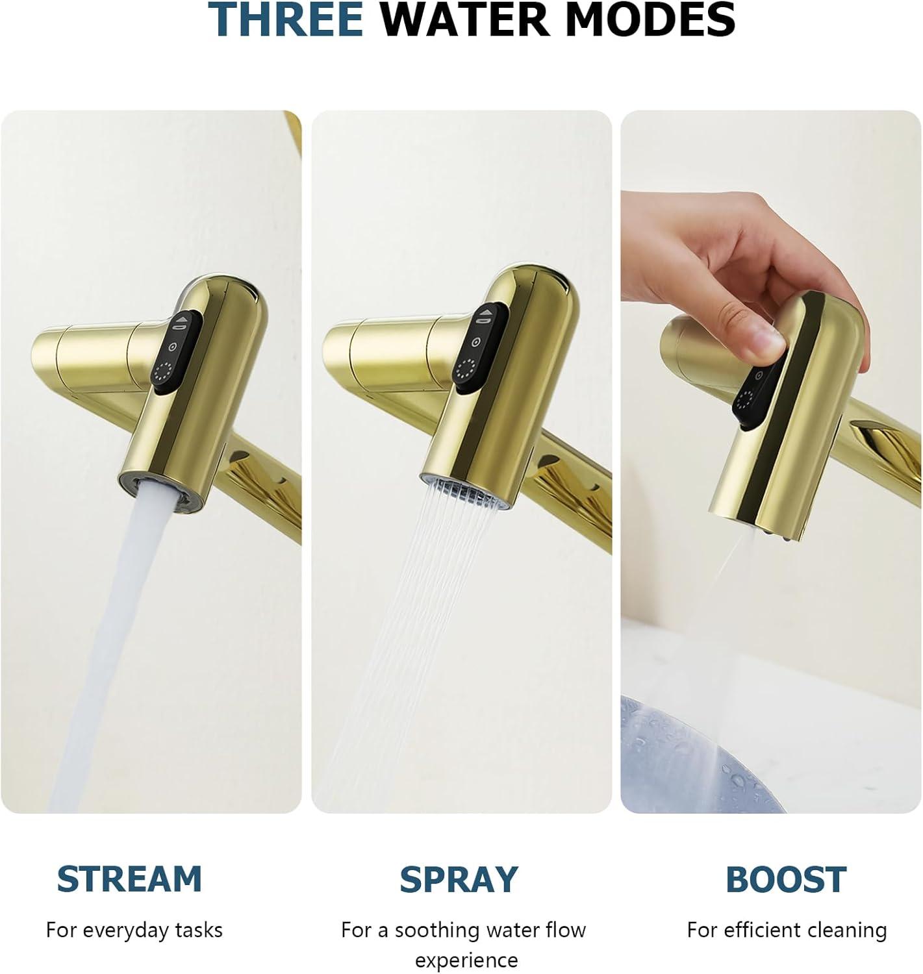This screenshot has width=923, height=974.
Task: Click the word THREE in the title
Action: (x=285, y=19)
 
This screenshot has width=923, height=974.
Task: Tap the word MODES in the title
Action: (x=650, y=19)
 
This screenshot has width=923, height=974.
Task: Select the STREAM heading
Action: (x=129, y=879)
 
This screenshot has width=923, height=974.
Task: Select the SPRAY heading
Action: (x=459, y=880)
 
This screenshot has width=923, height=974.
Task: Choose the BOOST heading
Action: (x=785, y=880)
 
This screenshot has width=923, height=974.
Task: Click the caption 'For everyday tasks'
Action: (x=134, y=930)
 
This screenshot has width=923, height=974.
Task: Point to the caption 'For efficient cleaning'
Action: (x=787, y=930)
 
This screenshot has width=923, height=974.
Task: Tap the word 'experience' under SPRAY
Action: (x=466, y=960)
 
